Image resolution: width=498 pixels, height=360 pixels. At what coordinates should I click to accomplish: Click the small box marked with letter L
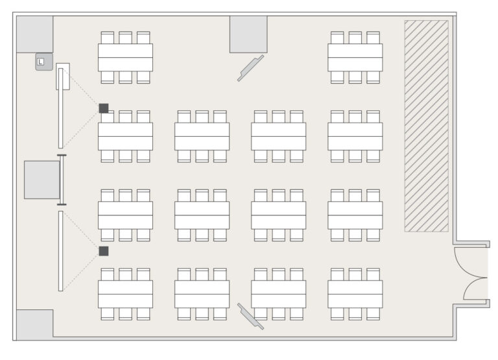point(44,62)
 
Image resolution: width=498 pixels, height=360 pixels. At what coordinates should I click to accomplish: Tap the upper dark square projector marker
point(104,108)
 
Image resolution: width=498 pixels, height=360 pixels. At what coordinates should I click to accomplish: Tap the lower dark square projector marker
point(104,251)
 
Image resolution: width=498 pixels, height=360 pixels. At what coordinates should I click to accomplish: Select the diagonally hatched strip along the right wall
point(426,126)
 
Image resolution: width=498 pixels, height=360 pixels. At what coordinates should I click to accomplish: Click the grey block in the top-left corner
point(34,34)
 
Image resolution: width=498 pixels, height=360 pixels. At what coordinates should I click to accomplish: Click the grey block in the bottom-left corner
point(34,324)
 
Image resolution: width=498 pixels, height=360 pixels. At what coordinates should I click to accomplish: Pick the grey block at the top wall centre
point(248,34)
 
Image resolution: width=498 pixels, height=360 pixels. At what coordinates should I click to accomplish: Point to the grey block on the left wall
point(42,180)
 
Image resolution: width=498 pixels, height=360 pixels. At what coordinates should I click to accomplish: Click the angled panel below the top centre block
point(250,68)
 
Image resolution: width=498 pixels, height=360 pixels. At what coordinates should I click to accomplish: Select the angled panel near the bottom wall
point(250,316)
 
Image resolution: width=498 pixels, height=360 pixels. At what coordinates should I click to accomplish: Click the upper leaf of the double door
point(470,264)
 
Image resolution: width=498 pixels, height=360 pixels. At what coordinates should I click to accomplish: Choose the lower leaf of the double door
point(475,289)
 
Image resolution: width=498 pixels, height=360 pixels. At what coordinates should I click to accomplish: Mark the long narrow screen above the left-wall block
point(61,108)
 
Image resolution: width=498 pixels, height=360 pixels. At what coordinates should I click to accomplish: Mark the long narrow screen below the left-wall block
point(61,251)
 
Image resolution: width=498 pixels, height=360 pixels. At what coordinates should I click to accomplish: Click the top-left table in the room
point(125,58)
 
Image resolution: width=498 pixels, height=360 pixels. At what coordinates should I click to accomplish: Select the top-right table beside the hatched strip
point(355,58)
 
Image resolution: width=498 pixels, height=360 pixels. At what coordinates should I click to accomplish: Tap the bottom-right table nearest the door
point(355,294)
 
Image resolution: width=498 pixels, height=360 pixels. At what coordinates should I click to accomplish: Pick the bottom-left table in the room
point(125,294)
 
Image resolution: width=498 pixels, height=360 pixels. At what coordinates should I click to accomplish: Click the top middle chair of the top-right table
point(355,38)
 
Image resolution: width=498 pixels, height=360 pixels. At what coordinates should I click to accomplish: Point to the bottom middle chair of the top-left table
point(125,77)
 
